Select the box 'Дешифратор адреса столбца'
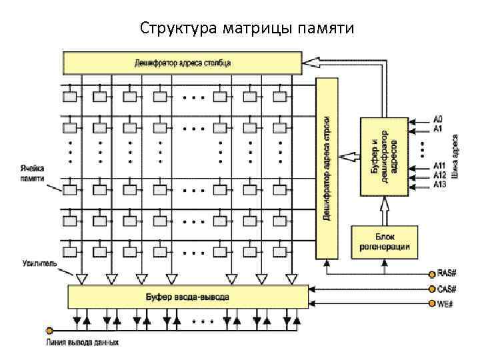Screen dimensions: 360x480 pos(183,63)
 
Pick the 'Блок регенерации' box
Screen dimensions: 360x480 pos(384,242)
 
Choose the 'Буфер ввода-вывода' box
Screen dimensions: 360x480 pos(187,297)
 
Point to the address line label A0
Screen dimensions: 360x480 pos(438,119)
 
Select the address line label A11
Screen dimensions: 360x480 pos(439,166)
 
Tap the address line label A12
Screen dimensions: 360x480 pos(439,175)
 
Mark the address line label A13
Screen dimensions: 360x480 pos(439,183)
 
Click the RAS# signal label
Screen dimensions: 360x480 pos(446,273)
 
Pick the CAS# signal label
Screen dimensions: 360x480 pos(446,289)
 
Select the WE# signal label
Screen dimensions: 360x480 pos(445,304)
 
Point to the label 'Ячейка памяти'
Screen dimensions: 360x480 pos(32,173)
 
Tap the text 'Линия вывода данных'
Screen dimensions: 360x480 pos(83,343)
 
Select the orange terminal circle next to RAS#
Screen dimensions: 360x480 pos(431,273)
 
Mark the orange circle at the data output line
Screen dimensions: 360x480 pos(49,330)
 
